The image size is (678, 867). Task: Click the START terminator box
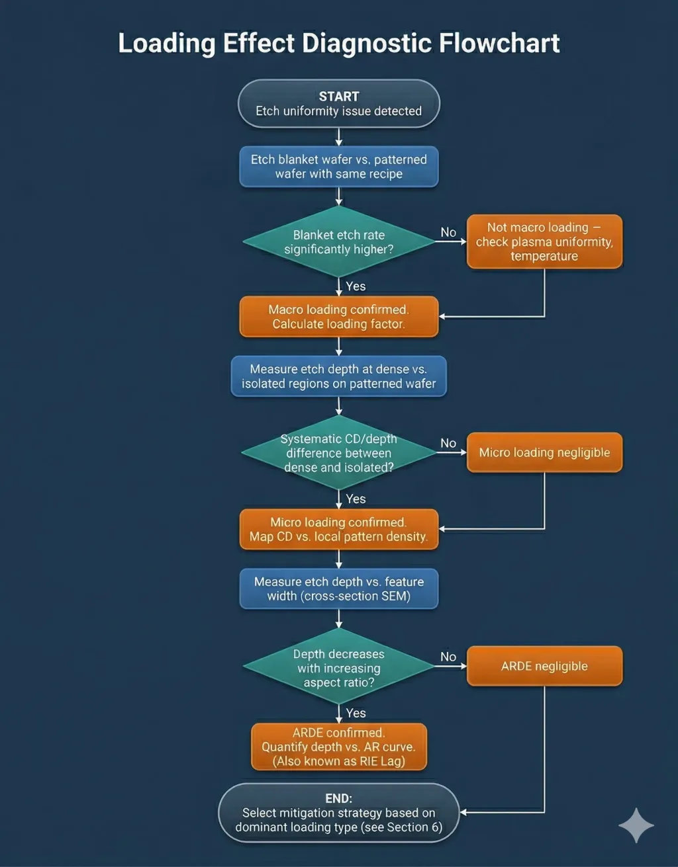click(x=338, y=104)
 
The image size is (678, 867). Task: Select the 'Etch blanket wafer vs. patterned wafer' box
click(x=338, y=167)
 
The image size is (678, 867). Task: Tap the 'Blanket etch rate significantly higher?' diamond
click(x=338, y=242)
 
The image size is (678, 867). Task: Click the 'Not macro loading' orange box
click(x=544, y=241)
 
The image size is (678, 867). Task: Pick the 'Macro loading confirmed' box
click(x=338, y=317)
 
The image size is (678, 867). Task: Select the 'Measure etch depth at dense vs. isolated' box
click(x=338, y=376)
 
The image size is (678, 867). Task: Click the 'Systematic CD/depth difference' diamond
click(x=338, y=453)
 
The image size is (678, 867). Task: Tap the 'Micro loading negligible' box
click(x=544, y=452)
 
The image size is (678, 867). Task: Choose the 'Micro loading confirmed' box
click(x=338, y=529)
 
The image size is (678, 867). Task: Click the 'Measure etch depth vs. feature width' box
click(x=338, y=589)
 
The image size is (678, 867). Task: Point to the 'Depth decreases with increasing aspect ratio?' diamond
click(x=338, y=667)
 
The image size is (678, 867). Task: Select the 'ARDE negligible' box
click(x=544, y=666)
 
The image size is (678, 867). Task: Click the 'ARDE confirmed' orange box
click(x=338, y=747)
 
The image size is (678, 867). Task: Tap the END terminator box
click(x=338, y=813)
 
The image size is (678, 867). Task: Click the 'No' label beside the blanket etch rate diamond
click(x=448, y=232)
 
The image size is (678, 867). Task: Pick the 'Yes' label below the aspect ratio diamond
click(x=356, y=713)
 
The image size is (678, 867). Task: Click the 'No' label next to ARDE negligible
click(x=448, y=657)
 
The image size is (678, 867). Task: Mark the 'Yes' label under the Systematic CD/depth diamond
click(x=356, y=499)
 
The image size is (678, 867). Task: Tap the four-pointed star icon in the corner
click(x=636, y=825)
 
